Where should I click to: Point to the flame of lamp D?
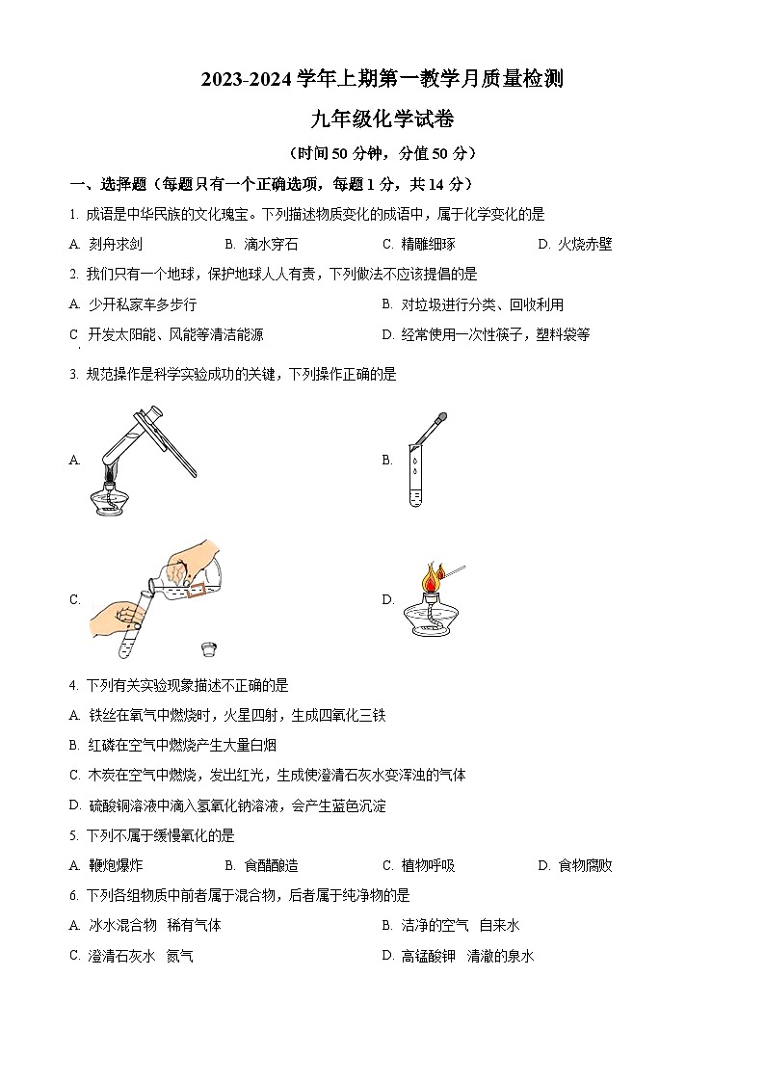point(429,578)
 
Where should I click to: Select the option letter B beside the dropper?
point(387,461)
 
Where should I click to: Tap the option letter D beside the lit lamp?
point(387,599)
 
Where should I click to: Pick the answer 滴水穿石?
point(271,245)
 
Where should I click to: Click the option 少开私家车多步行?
point(142,304)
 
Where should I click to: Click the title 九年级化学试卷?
point(382,119)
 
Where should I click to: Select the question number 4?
point(74,686)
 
